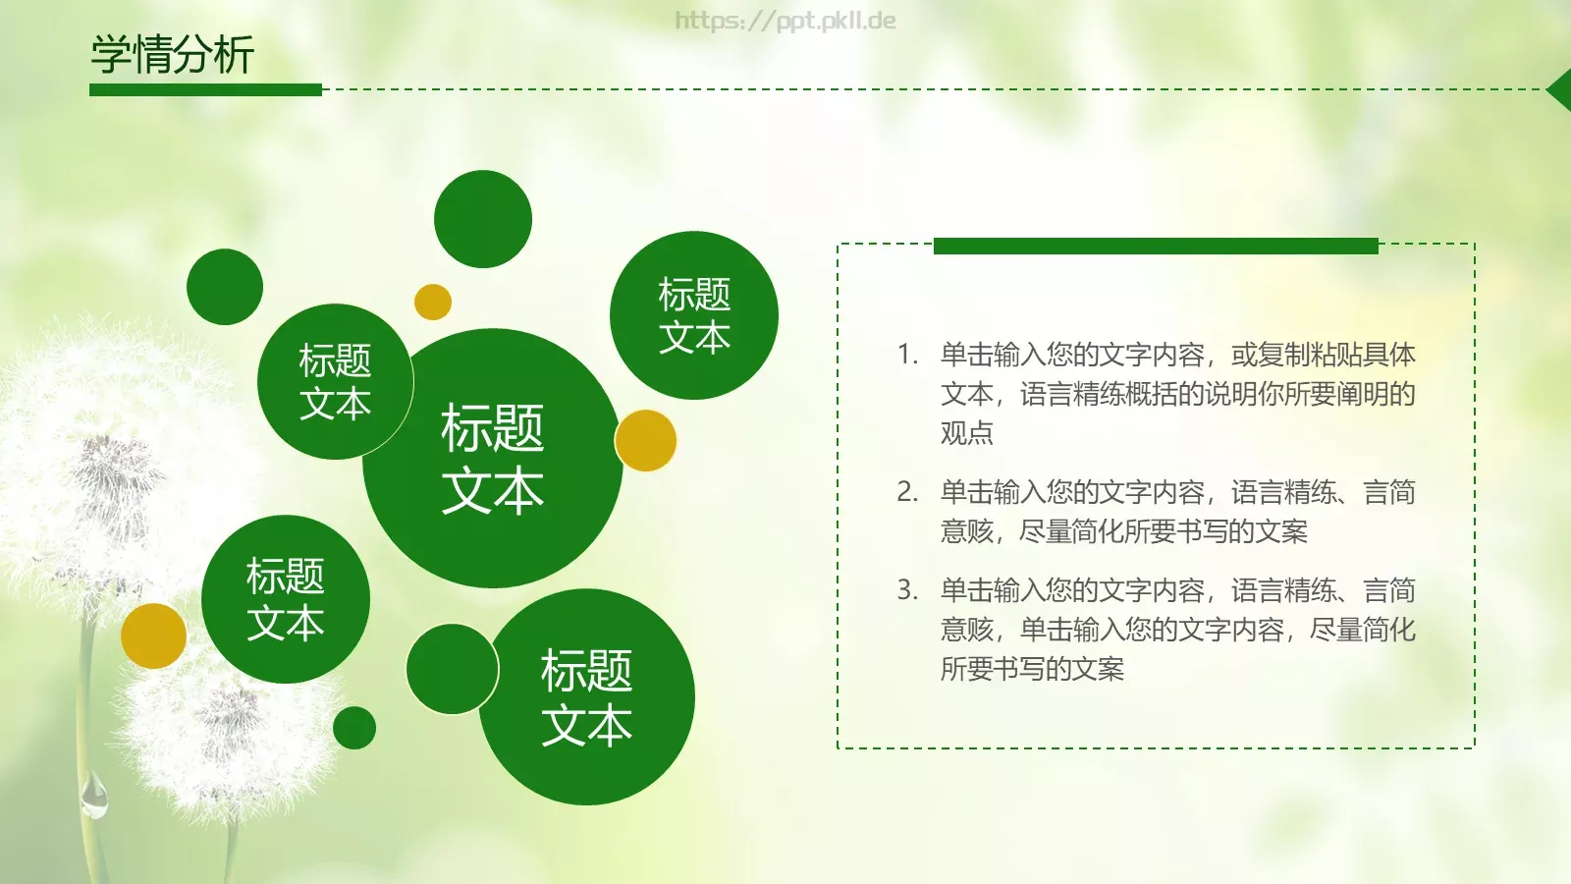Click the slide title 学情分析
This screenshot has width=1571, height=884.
tap(173, 54)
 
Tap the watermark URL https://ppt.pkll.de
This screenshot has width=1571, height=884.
tap(785, 21)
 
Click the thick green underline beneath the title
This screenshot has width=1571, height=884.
tap(205, 90)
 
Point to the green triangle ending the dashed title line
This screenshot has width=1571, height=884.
tap(1560, 90)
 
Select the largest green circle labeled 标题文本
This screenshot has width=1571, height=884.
tap(492, 459)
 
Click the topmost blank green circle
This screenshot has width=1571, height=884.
tap(482, 219)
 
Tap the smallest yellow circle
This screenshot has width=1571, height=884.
tap(433, 302)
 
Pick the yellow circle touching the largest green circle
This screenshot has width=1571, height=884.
tap(646, 440)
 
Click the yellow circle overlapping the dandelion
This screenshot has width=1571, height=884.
tap(154, 635)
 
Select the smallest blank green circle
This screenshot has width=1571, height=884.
tap(354, 728)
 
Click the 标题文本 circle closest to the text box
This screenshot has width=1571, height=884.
tap(694, 315)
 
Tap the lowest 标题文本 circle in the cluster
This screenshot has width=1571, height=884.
tap(587, 697)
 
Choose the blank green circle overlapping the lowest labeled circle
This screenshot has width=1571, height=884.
tap(452, 669)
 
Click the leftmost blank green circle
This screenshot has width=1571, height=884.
tap(225, 287)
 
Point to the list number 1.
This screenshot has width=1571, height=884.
tap(906, 354)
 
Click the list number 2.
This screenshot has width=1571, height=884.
tap(906, 491)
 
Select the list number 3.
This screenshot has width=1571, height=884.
tap(906, 589)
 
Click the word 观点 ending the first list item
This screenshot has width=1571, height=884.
tap(967, 432)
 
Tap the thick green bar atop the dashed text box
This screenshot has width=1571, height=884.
tap(1156, 246)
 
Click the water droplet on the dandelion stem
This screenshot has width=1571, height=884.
tap(94, 796)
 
